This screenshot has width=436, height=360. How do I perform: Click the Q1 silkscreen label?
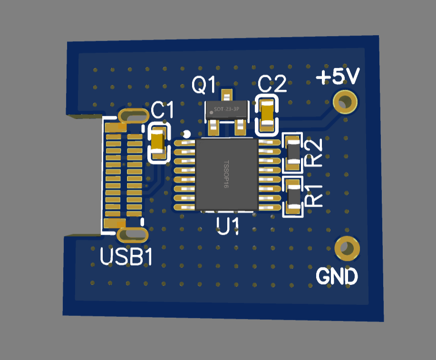(x=203, y=85)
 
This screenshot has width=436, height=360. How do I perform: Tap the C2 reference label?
(x=272, y=85)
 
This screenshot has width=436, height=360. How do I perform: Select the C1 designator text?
(x=162, y=111)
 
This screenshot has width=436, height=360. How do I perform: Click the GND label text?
(x=337, y=276)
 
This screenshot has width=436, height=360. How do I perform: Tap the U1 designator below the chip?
(x=227, y=225)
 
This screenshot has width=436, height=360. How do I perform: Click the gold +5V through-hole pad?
(x=345, y=101)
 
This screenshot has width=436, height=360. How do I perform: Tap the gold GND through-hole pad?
(x=347, y=248)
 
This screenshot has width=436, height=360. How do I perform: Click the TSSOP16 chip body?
(x=227, y=174)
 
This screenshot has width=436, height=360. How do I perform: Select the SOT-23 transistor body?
(x=226, y=110)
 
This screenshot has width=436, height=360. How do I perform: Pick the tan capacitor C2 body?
(x=268, y=113)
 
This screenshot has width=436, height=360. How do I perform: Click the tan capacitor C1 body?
(x=158, y=141)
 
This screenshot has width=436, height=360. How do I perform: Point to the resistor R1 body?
(x=293, y=195)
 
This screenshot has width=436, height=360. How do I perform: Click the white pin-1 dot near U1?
(x=187, y=134)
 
